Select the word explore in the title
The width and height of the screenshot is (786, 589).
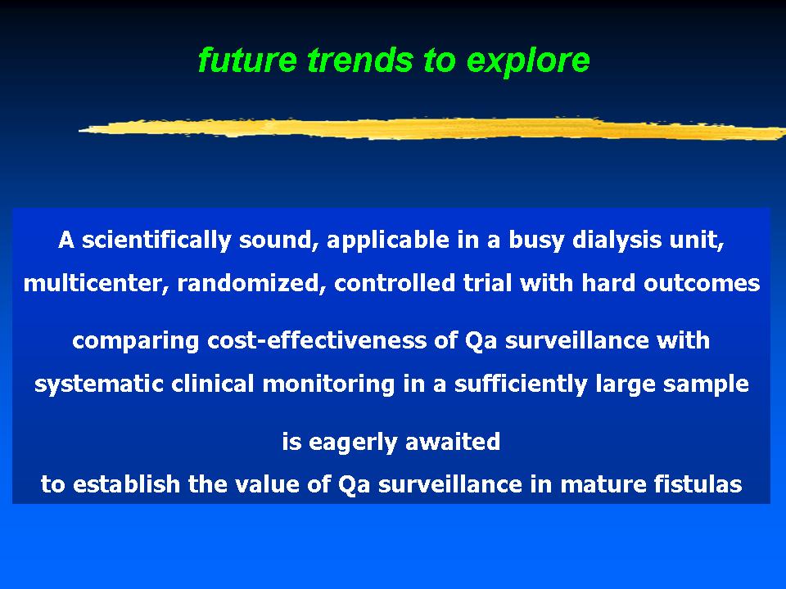pos(528,61)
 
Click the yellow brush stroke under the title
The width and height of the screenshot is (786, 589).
pos(432,128)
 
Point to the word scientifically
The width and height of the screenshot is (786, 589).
pos(156,240)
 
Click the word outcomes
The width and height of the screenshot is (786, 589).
pos(702,284)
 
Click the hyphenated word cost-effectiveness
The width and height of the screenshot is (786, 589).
pos(332,340)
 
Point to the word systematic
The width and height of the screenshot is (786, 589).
pos(99,384)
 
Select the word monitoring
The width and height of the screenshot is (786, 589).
pos(328,384)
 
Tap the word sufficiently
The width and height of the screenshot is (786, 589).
pos(521,384)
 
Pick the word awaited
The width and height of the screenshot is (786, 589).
pos(453,442)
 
